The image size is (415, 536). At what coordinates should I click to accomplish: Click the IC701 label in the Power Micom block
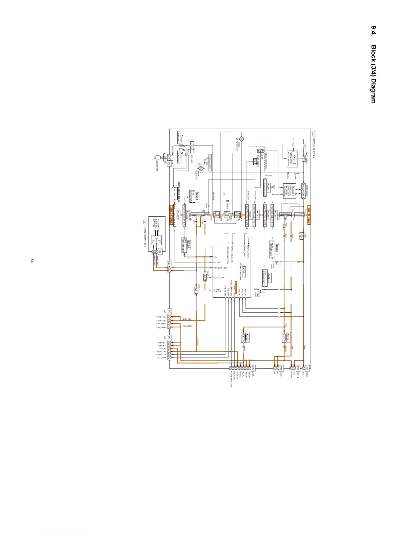(x=244, y=271)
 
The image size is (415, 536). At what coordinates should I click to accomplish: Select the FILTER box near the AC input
(x=192, y=148)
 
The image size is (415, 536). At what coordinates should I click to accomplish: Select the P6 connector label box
(x=170, y=311)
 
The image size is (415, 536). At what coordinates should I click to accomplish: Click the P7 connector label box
(x=170, y=337)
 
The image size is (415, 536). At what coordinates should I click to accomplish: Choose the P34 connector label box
(x=169, y=263)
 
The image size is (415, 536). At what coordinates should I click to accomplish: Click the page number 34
(x=32, y=260)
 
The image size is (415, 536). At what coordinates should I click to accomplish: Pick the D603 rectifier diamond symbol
(x=241, y=139)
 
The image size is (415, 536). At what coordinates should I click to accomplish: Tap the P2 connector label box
(x=308, y=368)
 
